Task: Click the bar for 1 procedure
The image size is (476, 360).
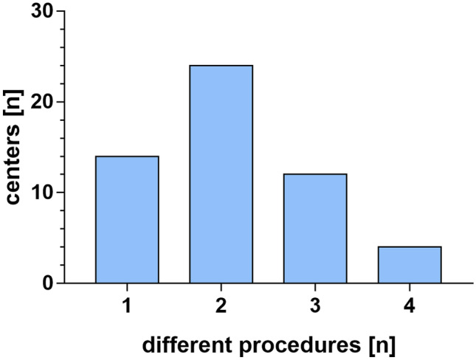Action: pyautogui.click(x=127, y=219)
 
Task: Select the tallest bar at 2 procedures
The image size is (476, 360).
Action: pyautogui.click(x=221, y=174)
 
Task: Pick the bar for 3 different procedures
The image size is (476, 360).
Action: pyautogui.click(x=315, y=228)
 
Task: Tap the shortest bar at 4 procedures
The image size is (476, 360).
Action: pyautogui.click(x=410, y=264)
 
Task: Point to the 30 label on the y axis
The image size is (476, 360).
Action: pyautogui.click(x=43, y=12)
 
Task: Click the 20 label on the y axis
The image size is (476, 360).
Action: pyautogui.click(x=43, y=102)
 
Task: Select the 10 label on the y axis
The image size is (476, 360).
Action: pyautogui.click(x=43, y=193)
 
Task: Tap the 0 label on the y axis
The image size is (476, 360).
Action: pyautogui.click(x=48, y=283)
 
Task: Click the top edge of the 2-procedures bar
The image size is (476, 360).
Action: pyautogui.click(x=221, y=66)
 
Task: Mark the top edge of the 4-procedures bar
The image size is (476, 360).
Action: pyautogui.click(x=410, y=246)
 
